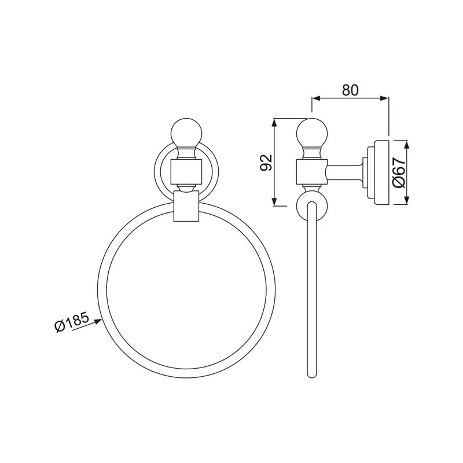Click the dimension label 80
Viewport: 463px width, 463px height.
pos(350,90)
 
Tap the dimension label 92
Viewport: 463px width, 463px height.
pos(266,162)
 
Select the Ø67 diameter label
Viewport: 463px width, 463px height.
pos(399,172)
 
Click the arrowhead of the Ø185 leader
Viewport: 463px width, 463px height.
pos(98,321)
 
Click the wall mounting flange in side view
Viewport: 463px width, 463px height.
pos(378,172)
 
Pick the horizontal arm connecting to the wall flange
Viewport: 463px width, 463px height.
pos(344,172)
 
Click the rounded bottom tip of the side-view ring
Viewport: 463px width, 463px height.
pos(312,375)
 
